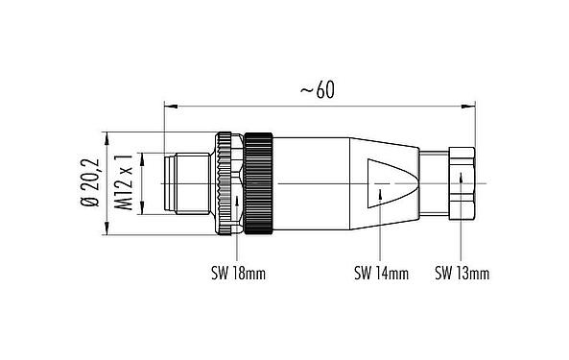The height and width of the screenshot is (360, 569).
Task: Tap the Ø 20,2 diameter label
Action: [90, 182]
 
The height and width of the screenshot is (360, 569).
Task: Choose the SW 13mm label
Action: [462, 274]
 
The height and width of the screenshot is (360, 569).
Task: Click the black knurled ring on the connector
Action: [260, 181]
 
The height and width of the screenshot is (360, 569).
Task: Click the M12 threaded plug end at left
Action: [186, 181]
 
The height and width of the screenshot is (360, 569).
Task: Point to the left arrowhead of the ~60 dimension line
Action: [170, 102]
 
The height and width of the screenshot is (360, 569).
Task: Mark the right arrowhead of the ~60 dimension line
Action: [472, 102]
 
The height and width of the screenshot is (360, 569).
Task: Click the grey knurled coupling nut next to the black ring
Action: [227, 181]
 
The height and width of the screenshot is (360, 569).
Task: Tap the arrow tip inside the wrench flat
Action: [384, 191]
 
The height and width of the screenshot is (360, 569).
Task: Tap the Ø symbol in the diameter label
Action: [90, 204]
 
